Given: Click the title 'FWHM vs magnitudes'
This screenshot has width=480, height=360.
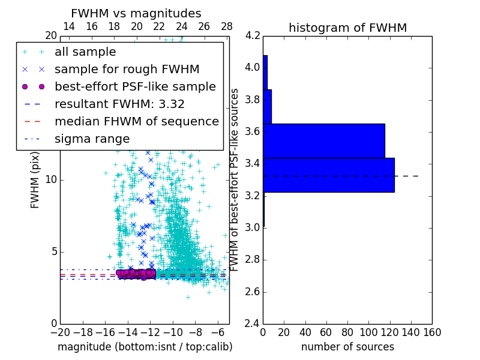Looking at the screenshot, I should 136,13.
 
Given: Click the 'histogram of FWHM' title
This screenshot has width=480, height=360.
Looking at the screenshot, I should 347,28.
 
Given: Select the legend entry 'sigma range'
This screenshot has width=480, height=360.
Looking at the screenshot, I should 92,139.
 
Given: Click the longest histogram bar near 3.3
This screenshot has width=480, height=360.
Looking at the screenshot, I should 328,175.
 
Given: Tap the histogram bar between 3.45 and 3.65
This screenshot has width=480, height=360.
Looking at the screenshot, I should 323,141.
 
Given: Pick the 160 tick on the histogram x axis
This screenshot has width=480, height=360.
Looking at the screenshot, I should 432,332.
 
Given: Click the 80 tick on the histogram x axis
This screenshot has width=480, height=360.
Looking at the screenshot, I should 347,332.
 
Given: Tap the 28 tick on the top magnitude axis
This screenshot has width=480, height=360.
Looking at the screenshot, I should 227,26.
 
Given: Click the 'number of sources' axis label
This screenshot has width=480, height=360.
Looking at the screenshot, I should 347,347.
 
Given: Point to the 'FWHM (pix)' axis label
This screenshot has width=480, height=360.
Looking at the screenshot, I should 35,180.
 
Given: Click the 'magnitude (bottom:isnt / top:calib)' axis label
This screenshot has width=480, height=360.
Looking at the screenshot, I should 145,347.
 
